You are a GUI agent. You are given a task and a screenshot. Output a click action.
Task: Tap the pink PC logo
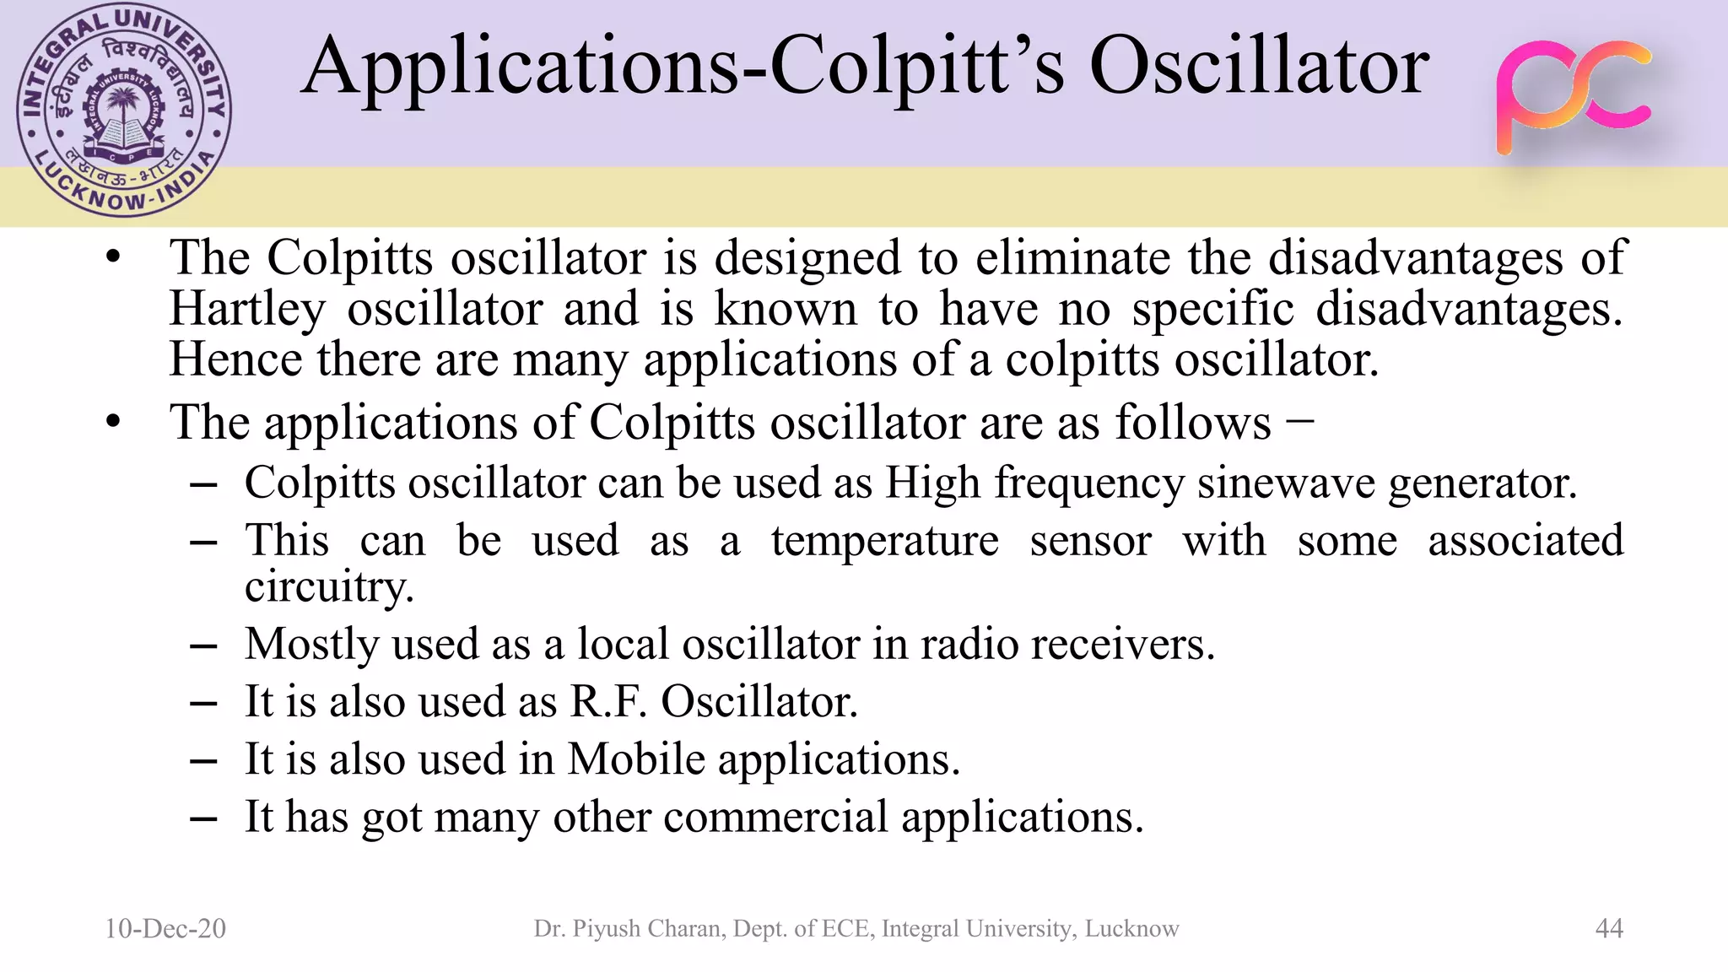(x=1573, y=97)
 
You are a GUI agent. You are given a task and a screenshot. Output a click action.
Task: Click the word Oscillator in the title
(x=1259, y=67)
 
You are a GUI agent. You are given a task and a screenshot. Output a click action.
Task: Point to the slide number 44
(x=1609, y=928)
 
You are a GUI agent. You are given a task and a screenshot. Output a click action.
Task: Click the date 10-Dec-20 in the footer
(x=165, y=928)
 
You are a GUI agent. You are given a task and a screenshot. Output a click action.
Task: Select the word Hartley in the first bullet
(x=247, y=309)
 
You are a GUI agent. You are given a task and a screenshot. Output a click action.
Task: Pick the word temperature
(x=884, y=541)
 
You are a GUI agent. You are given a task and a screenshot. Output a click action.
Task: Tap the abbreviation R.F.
(x=607, y=701)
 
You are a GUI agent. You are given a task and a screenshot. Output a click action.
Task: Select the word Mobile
(x=636, y=759)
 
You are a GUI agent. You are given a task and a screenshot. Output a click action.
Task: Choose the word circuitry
(x=329, y=586)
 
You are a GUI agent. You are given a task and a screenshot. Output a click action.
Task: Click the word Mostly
(x=311, y=645)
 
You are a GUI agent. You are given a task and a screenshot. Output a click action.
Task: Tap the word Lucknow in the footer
(x=1131, y=929)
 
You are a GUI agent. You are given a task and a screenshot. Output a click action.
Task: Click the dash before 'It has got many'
(x=204, y=818)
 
